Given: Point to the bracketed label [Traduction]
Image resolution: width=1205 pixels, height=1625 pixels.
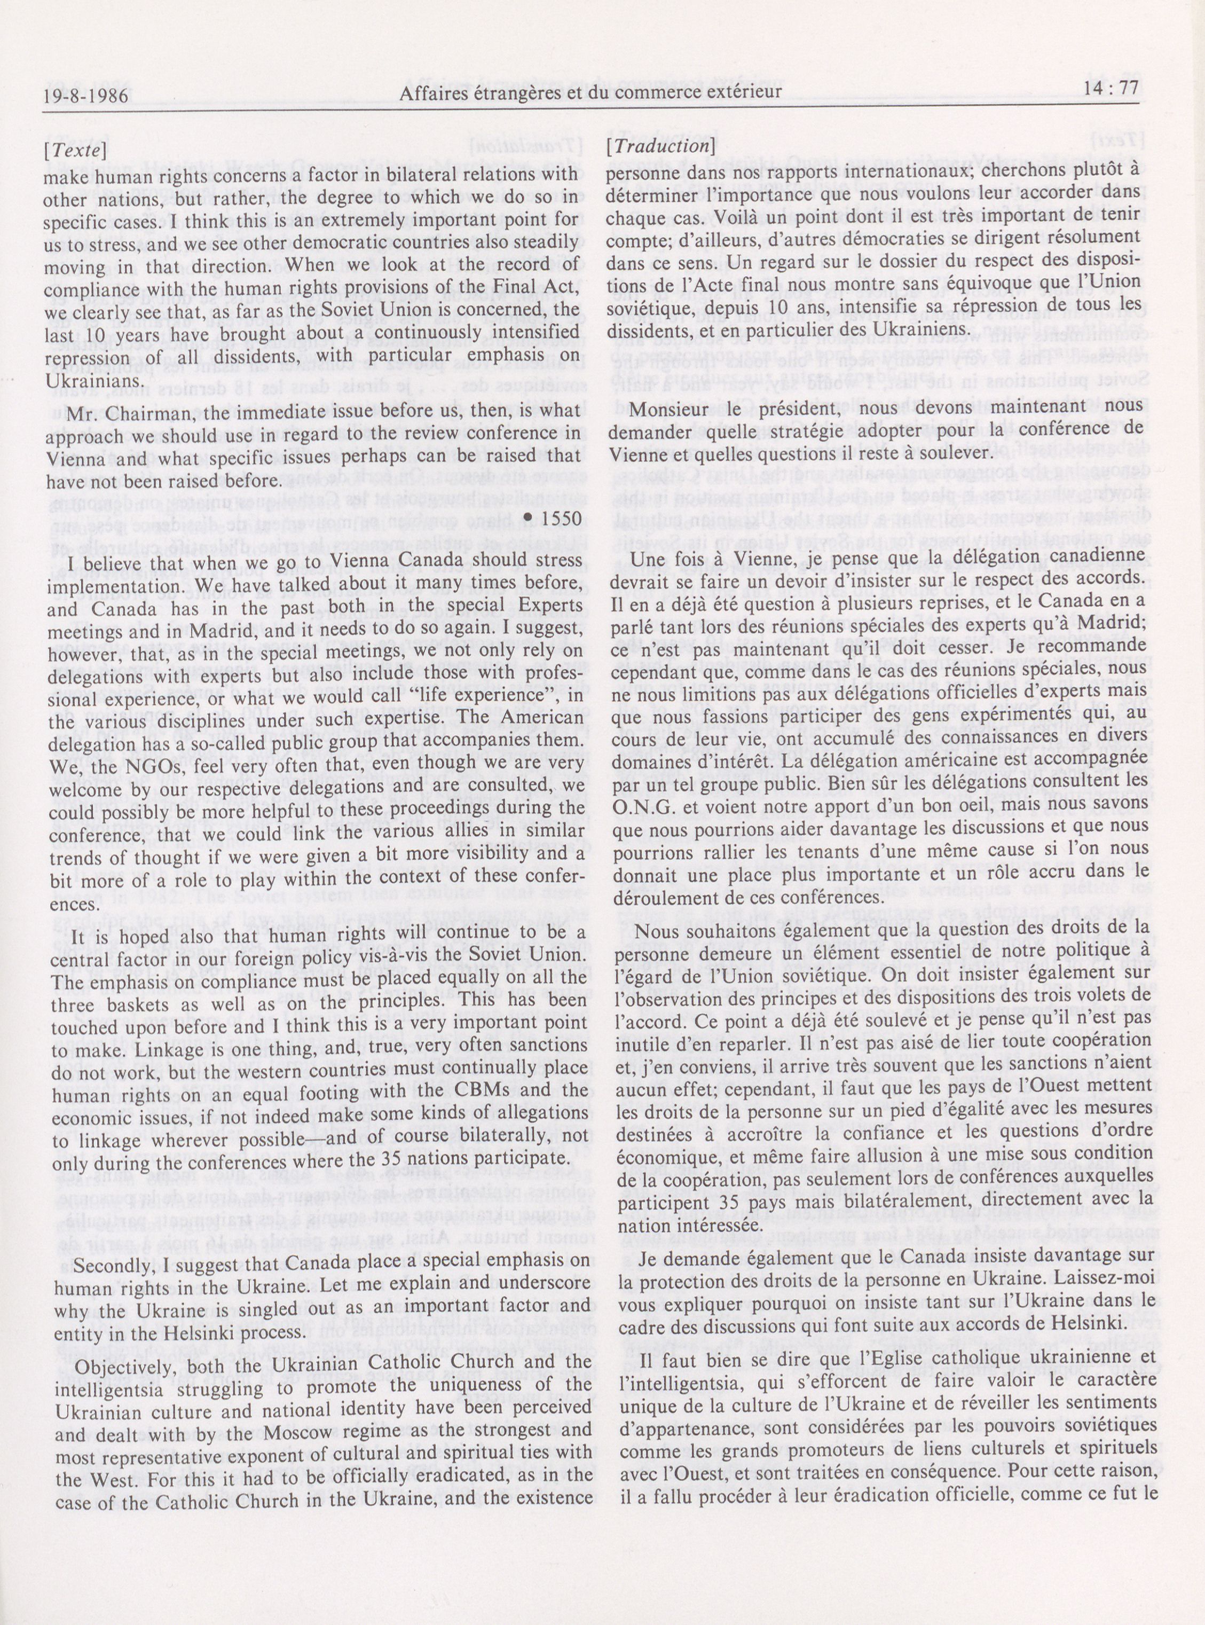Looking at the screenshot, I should [x=659, y=145].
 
